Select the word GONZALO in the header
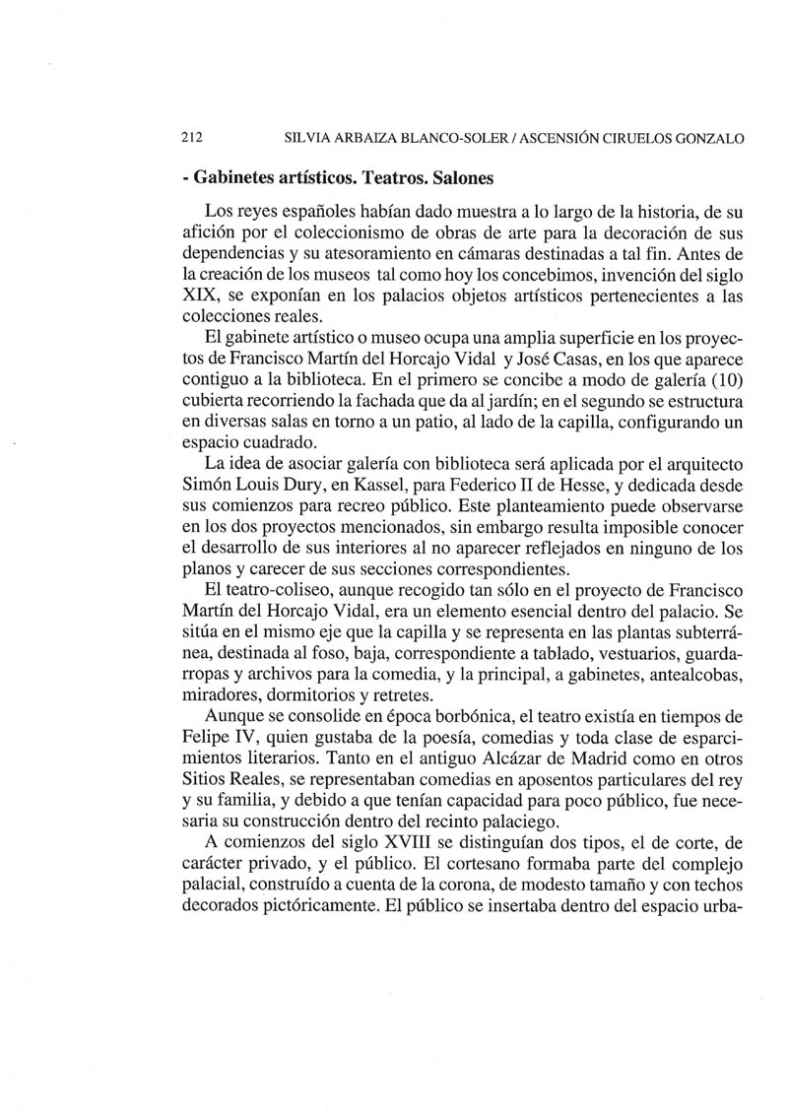(x=708, y=138)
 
